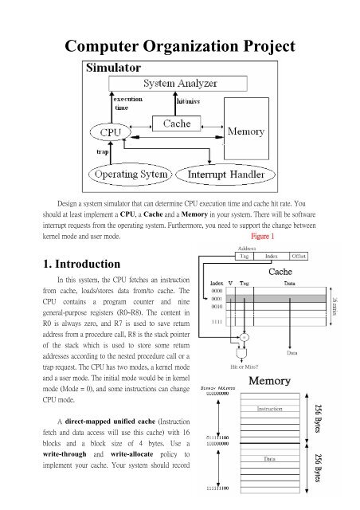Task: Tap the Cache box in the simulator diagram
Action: (x=177, y=124)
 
